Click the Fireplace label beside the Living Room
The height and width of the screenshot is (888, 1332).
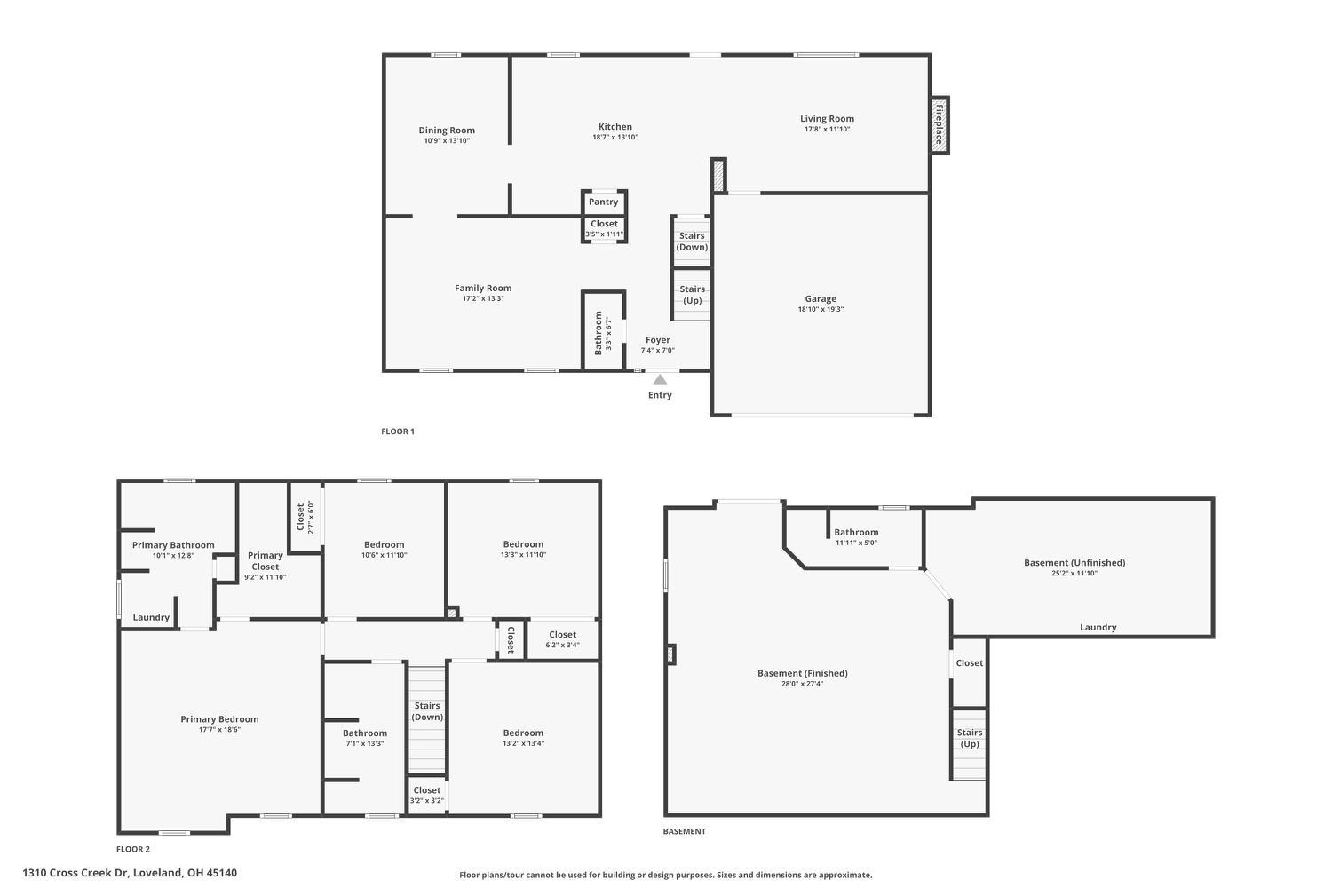pyautogui.click(x=939, y=124)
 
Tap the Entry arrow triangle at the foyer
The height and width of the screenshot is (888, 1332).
pyautogui.click(x=660, y=379)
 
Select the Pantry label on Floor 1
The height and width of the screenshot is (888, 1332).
pyautogui.click(x=603, y=202)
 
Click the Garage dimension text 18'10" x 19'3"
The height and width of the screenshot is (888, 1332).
pyautogui.click(x=821, y=310)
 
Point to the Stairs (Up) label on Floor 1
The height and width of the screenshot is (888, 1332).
pyautogui.click(x=692, y=295)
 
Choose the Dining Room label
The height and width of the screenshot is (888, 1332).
pyautogui.click(x=447, y=131)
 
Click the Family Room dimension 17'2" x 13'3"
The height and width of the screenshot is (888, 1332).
pyautogui.click(x=483, y=299)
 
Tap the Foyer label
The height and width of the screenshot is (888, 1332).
pyautogui.click(x=658, y=340)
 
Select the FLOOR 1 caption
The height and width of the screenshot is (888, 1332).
pyautogui.click(x=398, y=432)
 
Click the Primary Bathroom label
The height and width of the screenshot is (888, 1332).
pyautogui.click(x=173, y=545)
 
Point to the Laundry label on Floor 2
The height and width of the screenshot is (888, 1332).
pyautogui.click(x=151, y=617)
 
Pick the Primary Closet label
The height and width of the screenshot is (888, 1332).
pyautogui.click(x=265, y=561)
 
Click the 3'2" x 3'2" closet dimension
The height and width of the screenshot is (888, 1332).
pyautogui.click(x=426, y=801)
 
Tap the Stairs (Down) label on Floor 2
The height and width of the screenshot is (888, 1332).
pyautogui.click(x=427, y=711)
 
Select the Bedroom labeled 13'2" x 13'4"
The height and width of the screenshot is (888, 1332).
pyautogui.click(x=523, y=733)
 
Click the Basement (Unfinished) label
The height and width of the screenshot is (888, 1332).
pyautogui.click(x=1074, y=562)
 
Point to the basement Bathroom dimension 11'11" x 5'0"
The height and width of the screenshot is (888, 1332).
pyautogui.click(x=856, y=543)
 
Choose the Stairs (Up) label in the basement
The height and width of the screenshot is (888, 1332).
pyautogui.click(x=970, y=738)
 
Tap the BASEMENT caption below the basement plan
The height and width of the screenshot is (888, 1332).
pyautogui.click(x=684, y=831)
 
